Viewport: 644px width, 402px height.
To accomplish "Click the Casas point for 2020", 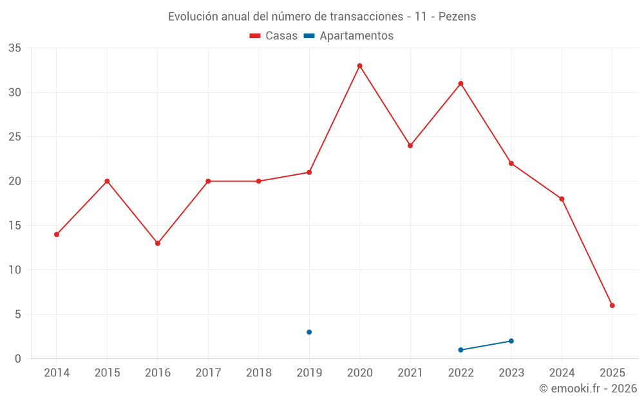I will point(359,66).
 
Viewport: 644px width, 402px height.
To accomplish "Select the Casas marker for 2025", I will point(612,306).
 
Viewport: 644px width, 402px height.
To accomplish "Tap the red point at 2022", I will point(460,84).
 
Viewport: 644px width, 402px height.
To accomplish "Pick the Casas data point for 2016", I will point(158,243).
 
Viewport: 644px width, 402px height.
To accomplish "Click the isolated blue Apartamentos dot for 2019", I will point(309,332).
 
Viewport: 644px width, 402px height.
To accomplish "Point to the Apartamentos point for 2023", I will point(511,341).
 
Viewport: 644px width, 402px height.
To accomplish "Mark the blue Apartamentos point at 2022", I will point(460,350).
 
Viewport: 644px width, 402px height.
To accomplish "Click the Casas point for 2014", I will point(57,234).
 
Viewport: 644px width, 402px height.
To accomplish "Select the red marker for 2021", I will point(410,145).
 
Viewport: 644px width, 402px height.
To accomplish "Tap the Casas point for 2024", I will point(562,199).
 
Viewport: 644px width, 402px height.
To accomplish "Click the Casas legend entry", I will point(274,36).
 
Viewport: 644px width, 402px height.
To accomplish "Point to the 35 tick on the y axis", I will point(15,48).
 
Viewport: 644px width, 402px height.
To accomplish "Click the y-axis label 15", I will point(15,226).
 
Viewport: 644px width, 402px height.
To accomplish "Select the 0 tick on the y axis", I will point(18,359).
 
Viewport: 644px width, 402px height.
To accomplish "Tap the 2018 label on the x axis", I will point(258,373).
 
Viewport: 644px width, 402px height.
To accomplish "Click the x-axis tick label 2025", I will point(612,373).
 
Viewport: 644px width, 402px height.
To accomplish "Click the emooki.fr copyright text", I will point(588,388).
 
